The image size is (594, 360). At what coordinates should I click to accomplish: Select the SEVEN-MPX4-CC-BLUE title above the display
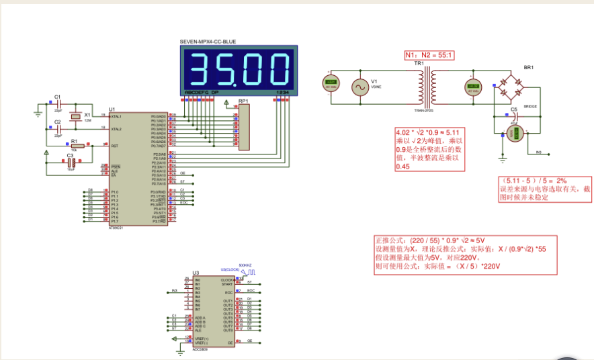[x=208, y=42]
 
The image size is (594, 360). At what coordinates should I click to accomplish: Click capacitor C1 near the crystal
[x=58, y=105]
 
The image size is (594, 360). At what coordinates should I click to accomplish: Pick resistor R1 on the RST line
[x=77, y=145]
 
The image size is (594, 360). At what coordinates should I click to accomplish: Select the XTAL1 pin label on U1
[x=116, y=116]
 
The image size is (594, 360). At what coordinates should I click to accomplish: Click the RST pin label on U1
[x=114, y=146]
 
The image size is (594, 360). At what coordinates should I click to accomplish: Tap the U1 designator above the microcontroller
[x=112, y=109]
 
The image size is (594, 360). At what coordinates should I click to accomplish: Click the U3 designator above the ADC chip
[x=196, y=273]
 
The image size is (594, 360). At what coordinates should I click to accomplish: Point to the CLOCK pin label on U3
[x=227, y=279]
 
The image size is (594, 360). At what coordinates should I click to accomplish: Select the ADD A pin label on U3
[x=200, y=317]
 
